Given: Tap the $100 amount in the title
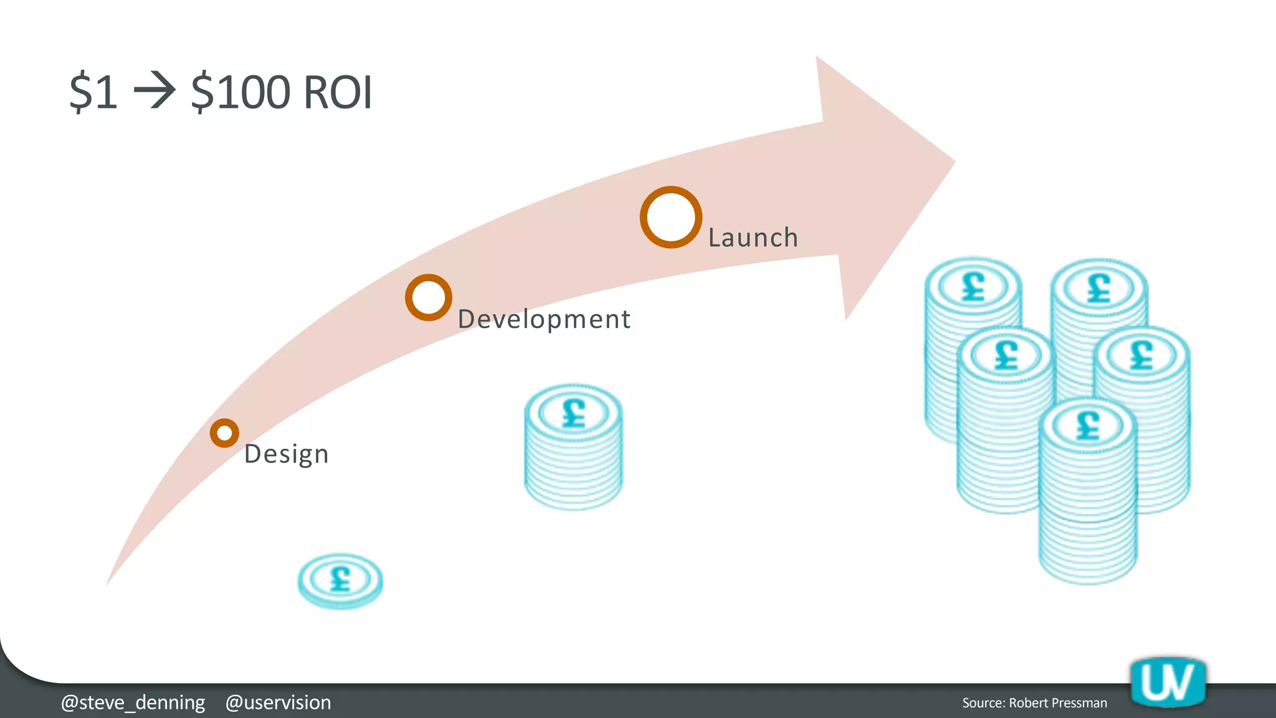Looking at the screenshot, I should pos(240,92).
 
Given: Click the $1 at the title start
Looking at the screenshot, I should pos(93,92).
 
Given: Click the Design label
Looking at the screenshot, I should pos(286,454).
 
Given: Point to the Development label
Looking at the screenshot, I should pos(544,319).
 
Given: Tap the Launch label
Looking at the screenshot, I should pos(753,237).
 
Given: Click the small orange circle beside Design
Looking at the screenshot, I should pos(224,433).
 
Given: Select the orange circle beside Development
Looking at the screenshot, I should pos(428,297).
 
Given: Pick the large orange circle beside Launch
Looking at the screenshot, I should pos(671,218).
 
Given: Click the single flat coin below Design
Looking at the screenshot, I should pos(340,580).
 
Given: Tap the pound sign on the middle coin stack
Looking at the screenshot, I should pos(574,413).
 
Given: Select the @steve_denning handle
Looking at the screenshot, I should pos(133,702).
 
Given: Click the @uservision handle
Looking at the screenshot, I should pos(278,702).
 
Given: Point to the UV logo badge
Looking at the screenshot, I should pos(1168,682).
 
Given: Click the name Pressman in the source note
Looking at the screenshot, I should pos(1079,703).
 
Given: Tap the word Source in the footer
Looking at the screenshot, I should pos(983,703).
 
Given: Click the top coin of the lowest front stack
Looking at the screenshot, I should pos(1088,426).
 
